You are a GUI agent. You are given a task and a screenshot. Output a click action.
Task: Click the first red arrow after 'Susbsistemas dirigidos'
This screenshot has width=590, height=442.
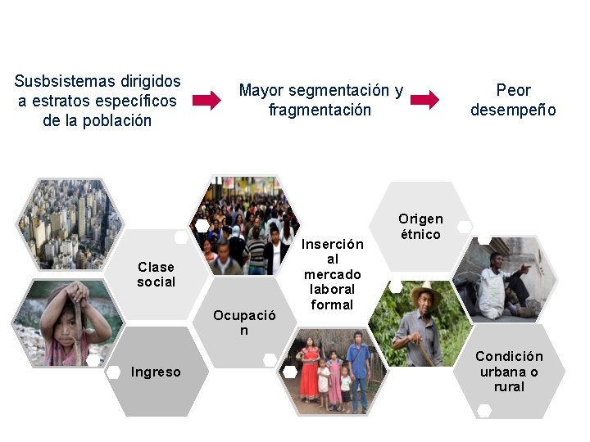[206, 101]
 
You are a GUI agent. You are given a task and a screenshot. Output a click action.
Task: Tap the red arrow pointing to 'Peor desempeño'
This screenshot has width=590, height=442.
[424, 101]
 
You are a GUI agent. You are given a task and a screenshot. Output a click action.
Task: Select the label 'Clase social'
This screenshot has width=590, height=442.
[157, 274]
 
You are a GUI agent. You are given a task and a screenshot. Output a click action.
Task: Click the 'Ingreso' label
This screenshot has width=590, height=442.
[156, 372]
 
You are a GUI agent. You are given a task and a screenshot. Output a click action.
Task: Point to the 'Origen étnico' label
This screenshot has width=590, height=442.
[420, 226]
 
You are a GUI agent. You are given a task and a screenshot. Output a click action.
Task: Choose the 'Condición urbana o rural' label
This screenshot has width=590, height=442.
[509, 371]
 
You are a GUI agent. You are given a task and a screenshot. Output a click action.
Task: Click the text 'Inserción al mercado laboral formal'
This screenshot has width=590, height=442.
[333, 274]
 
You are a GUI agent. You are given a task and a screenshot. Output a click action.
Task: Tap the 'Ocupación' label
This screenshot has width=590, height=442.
[244, 322]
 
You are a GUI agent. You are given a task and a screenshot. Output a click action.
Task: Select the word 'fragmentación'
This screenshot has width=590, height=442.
[320, 110]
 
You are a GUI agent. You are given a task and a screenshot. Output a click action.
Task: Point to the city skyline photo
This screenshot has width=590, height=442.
[70, 223]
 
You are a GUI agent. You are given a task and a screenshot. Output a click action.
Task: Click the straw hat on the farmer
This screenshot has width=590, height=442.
[425, 292]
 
